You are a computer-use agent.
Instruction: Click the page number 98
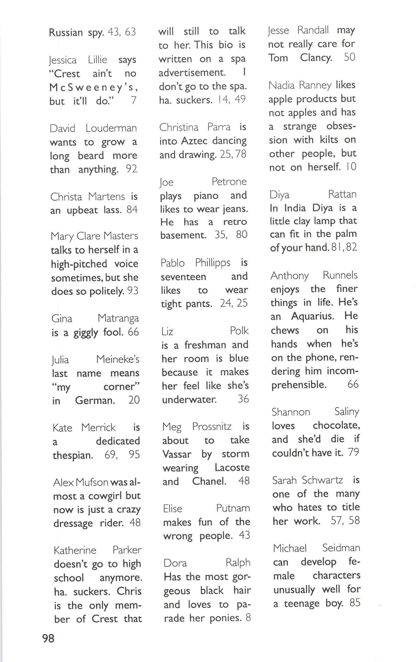point(48,638)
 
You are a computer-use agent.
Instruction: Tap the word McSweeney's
point(94,87)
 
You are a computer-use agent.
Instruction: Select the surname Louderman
point(111,128)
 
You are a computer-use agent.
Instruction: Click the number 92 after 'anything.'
point(131,169)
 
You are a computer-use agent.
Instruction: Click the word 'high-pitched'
point(79,264)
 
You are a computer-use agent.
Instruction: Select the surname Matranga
point(118,318)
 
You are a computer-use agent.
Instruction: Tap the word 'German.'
point(95,400)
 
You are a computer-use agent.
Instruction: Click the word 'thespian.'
point(73,455)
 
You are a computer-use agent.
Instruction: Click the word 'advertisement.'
point(192,73)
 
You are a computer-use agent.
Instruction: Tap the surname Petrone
point(229,181)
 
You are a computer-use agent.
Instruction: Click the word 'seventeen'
point(183,277)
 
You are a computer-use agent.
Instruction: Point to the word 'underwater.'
point(189,400)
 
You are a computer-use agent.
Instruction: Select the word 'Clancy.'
point(316,58)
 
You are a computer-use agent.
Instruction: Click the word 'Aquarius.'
point(312,316)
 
